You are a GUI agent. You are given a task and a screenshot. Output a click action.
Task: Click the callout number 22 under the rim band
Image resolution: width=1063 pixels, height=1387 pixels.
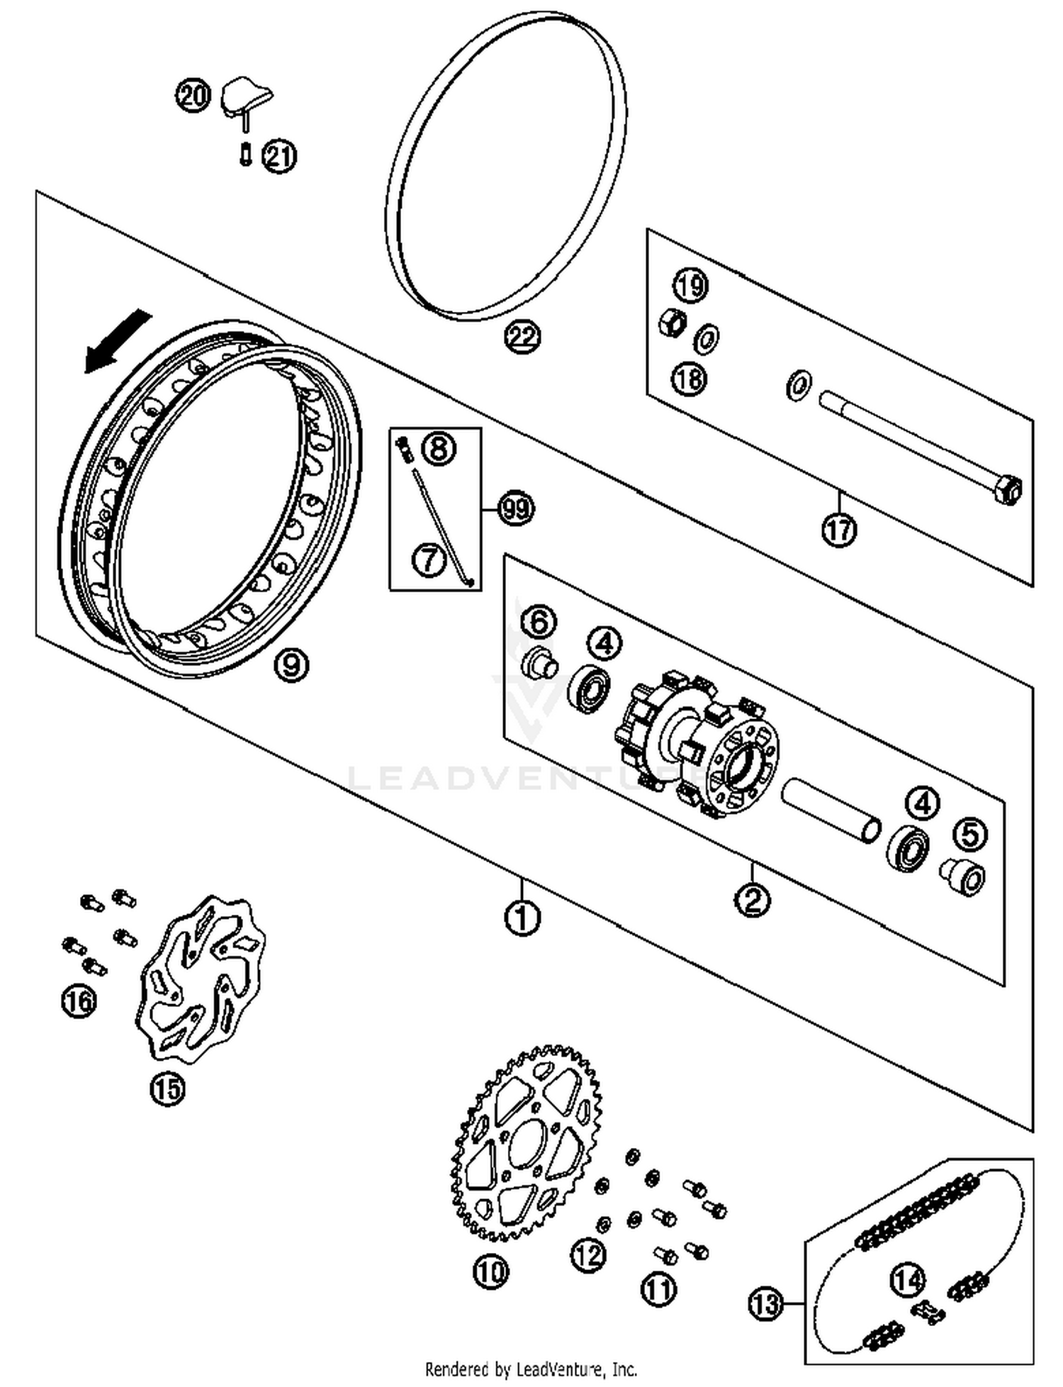[x=522, y=336]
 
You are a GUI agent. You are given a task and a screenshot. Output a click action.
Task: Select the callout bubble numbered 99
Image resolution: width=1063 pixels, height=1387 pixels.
[x=515, y=508]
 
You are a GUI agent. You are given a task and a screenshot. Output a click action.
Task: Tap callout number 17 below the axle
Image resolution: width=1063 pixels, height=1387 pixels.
[x=839, y=529]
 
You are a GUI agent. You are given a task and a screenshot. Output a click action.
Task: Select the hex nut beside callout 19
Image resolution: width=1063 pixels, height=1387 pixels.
[x=671, y=323]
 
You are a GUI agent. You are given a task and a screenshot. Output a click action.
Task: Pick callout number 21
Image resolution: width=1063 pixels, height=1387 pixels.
[x=279, y=156]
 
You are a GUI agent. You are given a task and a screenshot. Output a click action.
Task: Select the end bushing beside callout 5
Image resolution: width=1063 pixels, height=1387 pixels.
[x=962, y=876]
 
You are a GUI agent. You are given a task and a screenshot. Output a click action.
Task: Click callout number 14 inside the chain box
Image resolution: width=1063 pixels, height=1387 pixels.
[x=908, y=1279]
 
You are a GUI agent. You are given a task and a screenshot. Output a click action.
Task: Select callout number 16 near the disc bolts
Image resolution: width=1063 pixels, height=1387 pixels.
[x=79, y=1001]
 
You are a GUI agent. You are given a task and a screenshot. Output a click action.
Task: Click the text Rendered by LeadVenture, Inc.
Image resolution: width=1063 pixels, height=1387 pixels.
[x=531, y=1368]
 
